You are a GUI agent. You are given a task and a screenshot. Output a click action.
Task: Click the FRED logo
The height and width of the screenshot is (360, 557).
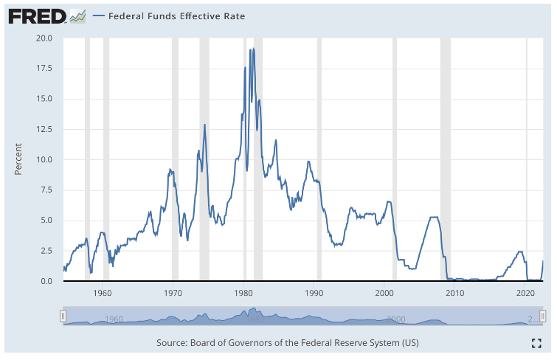coord(38,15)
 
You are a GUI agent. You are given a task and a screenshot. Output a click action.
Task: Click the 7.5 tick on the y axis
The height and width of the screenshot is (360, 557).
coord(44,190)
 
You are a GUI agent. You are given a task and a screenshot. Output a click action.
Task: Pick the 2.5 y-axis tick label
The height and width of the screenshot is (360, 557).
coord(44,251)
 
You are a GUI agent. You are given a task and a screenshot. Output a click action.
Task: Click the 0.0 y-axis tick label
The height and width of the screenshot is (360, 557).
coord(44,281)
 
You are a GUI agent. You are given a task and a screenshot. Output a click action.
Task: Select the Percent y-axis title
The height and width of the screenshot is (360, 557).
coord(19,159)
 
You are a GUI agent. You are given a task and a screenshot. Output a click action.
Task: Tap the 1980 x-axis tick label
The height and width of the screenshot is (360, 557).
coord(243,293)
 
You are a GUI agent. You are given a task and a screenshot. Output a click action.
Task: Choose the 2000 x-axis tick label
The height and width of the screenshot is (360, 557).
coord(385,293)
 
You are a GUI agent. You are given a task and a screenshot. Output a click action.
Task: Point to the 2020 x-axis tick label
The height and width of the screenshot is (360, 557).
coord(525,293)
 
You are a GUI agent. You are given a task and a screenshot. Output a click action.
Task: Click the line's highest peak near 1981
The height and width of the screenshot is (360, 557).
coord(253,49)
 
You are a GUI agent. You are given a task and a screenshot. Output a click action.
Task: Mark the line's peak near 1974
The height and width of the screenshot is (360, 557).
coord(204,125)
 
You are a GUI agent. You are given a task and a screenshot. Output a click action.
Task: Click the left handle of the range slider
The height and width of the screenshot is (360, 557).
coord(63,316)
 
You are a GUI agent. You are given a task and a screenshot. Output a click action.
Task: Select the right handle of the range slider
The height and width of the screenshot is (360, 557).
coord(543,316)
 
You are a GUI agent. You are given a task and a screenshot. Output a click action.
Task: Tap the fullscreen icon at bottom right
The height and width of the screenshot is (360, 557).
coord(536,342)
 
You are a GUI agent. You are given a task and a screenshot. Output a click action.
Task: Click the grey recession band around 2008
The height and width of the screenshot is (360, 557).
coord(445,159)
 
